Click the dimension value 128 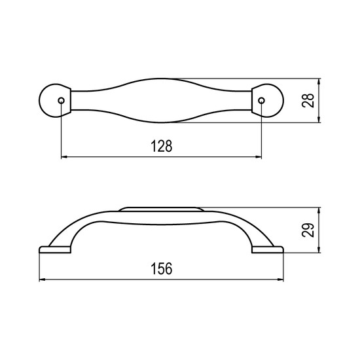pyautogui.click(x=162, y=146)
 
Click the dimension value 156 pyautogui.click(x=162, y=269)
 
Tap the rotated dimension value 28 pyautogui.click(x=308, y=100)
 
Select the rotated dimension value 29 pyautogui.click(x=308, y=230)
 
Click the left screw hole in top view pyautogui.click(x=62, y=101)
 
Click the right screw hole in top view pyautogui.click(x=262, y=101)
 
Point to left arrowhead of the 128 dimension pyautogui.click(x=64, y=157)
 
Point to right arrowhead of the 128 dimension pyautogui.click(x=259, y=157)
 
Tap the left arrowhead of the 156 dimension pyautogui.click(x=43, y=279)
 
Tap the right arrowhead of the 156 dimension pyautogui.click(x=281, y=279)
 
